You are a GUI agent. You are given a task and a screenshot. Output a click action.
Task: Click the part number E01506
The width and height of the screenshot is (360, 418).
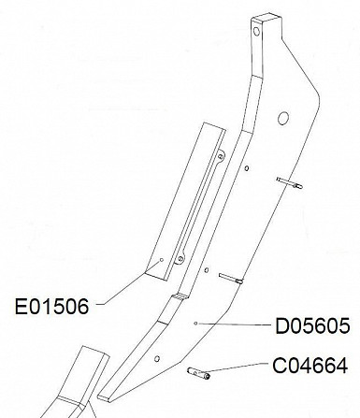[51, 306]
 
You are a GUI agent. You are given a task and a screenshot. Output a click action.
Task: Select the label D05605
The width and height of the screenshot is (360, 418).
[312, 326]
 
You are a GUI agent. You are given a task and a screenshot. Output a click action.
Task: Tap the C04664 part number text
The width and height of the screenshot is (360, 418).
[310, 366]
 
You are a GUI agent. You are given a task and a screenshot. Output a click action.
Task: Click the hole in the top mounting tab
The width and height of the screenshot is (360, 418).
[256, 31]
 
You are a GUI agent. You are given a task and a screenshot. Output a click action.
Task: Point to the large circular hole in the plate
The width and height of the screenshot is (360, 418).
[283, 118]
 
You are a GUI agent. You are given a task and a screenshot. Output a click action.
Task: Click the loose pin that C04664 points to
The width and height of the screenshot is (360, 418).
[198, 373]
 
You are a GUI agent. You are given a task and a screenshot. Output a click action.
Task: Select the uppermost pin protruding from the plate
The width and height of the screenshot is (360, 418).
[289, 183]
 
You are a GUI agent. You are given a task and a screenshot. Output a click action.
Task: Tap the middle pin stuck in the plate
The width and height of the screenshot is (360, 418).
[231, 279]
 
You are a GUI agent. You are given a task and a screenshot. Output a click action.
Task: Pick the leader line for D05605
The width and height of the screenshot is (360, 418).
[234, 324]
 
